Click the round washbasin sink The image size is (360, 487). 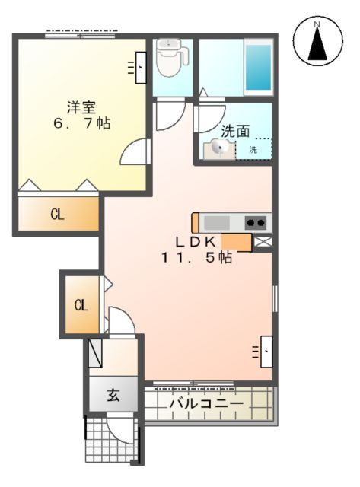[x=217, y=149]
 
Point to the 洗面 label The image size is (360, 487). [x=236, y=130]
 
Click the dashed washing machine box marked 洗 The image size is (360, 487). [x=253, y=149]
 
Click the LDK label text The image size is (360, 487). [x=196, y=241]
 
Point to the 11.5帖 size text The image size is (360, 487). [x=196, y=257]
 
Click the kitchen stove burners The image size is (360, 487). [x=256, y=222]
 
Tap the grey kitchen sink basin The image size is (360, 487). [x=216, y=222]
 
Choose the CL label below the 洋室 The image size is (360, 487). [x=57, y=215]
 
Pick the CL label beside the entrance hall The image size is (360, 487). [x=81, y=306]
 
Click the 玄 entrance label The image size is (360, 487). [x=113, y=396]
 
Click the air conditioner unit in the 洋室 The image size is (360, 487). [x=142, y=67]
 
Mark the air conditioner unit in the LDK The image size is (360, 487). [x=266, y=350]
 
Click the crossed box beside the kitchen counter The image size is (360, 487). [x=263, y=242]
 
